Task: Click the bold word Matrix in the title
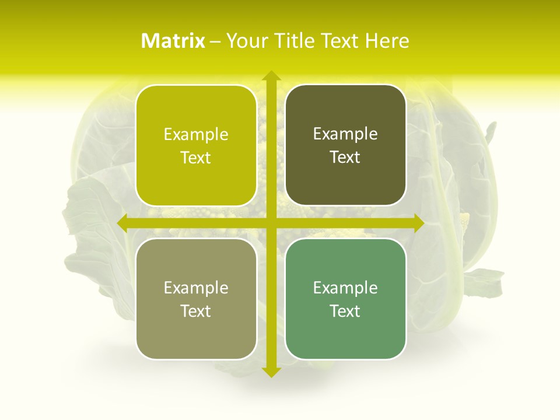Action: coord(173,41)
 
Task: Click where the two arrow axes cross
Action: coord(271,223)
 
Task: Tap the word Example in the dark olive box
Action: coord(345,134)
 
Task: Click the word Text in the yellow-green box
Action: coord(196,158)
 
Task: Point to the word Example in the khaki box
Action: coord(196,288)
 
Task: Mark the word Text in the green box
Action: coord(345,311)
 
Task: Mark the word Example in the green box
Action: coord(345,288)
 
